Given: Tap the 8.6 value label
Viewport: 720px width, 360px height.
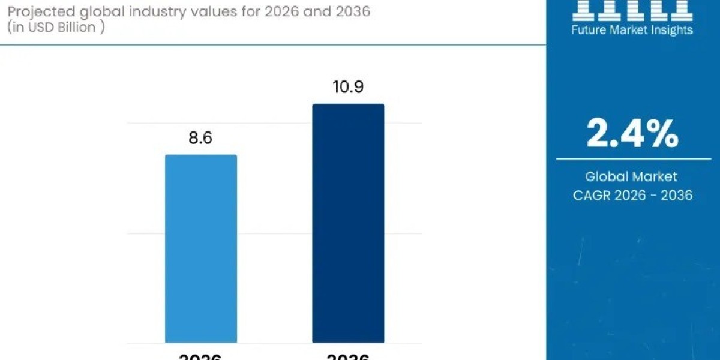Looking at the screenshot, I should click(201, 138).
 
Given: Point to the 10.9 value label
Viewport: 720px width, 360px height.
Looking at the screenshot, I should click(348, 88).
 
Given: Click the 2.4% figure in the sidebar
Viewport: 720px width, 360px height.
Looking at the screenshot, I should click(632, 133).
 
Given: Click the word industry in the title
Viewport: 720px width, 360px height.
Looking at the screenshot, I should click(151, 11).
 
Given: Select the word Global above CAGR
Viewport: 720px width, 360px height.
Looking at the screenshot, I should click(607, 176).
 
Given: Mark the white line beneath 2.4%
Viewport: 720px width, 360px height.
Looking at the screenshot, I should click(632, 159).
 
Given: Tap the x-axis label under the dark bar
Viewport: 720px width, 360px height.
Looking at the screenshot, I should click(348, 357).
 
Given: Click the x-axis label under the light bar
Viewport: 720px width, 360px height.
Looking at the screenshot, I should click(201, 357).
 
